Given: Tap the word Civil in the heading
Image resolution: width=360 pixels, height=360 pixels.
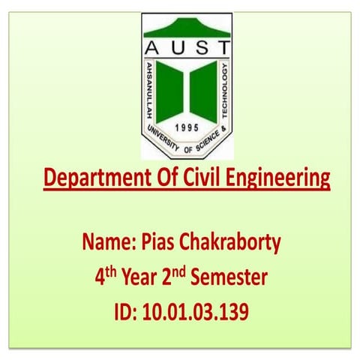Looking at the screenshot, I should pos(201,179).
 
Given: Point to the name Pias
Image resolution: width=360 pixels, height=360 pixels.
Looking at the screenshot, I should pos(157,243).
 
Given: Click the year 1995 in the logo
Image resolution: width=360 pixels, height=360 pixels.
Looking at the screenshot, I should pos(185,127).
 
